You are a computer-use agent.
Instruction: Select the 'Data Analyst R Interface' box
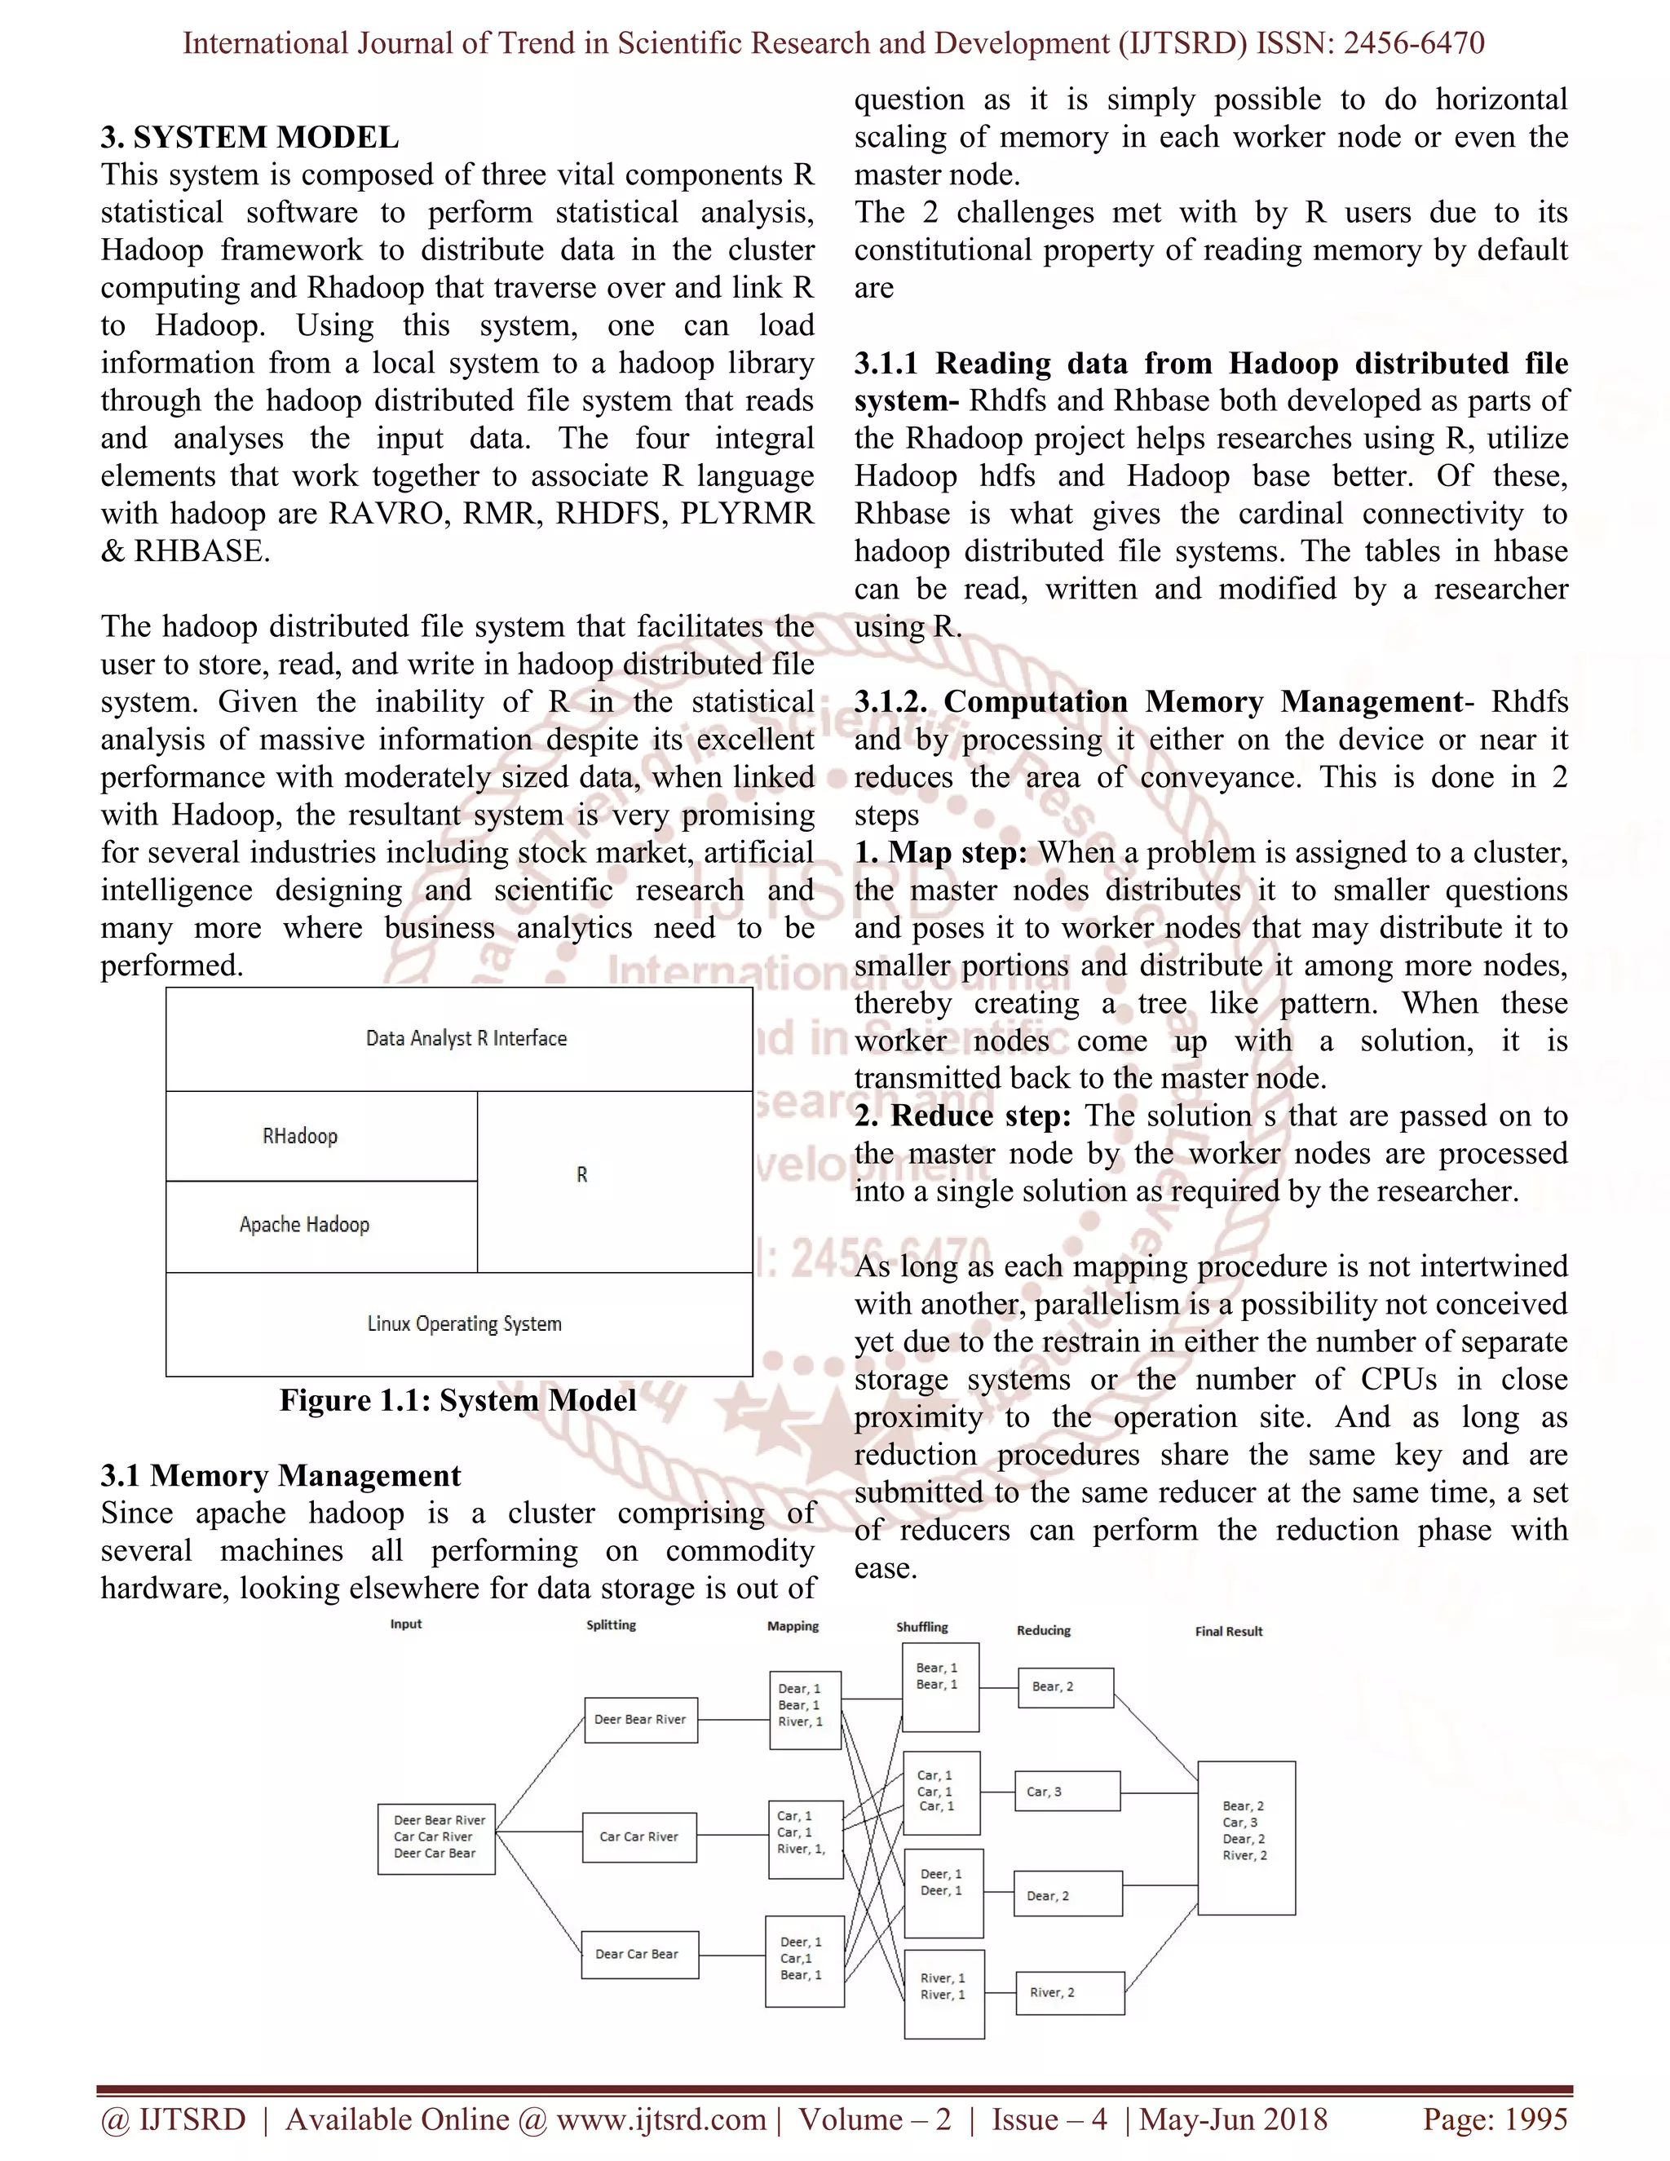click(x=459, y=1039)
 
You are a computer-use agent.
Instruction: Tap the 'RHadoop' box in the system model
click(x=320, y=1136)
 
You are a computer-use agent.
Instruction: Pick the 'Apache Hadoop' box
click(x=320, y=1225)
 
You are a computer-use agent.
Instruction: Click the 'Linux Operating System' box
click(x=459, y=1324)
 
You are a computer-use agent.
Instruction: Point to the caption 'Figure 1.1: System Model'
click(x=457, y=1400)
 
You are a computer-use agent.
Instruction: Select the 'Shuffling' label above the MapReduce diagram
click(x=921, y=1627)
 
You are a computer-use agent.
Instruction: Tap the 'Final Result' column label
click(x=1228, y=1632)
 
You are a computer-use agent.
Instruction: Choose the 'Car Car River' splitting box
click(x=639, y=1837)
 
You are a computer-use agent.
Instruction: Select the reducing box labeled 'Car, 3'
click(x=1067, y=1791)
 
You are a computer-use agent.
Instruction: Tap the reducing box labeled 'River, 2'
click(x=1070, y=1993)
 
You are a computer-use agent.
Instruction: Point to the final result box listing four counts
click(x=1246, y=1837)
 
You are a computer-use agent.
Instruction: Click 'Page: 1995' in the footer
click(x=1494, y=2119)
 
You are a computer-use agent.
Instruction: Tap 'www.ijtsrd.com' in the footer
click(x=660, y=2119)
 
